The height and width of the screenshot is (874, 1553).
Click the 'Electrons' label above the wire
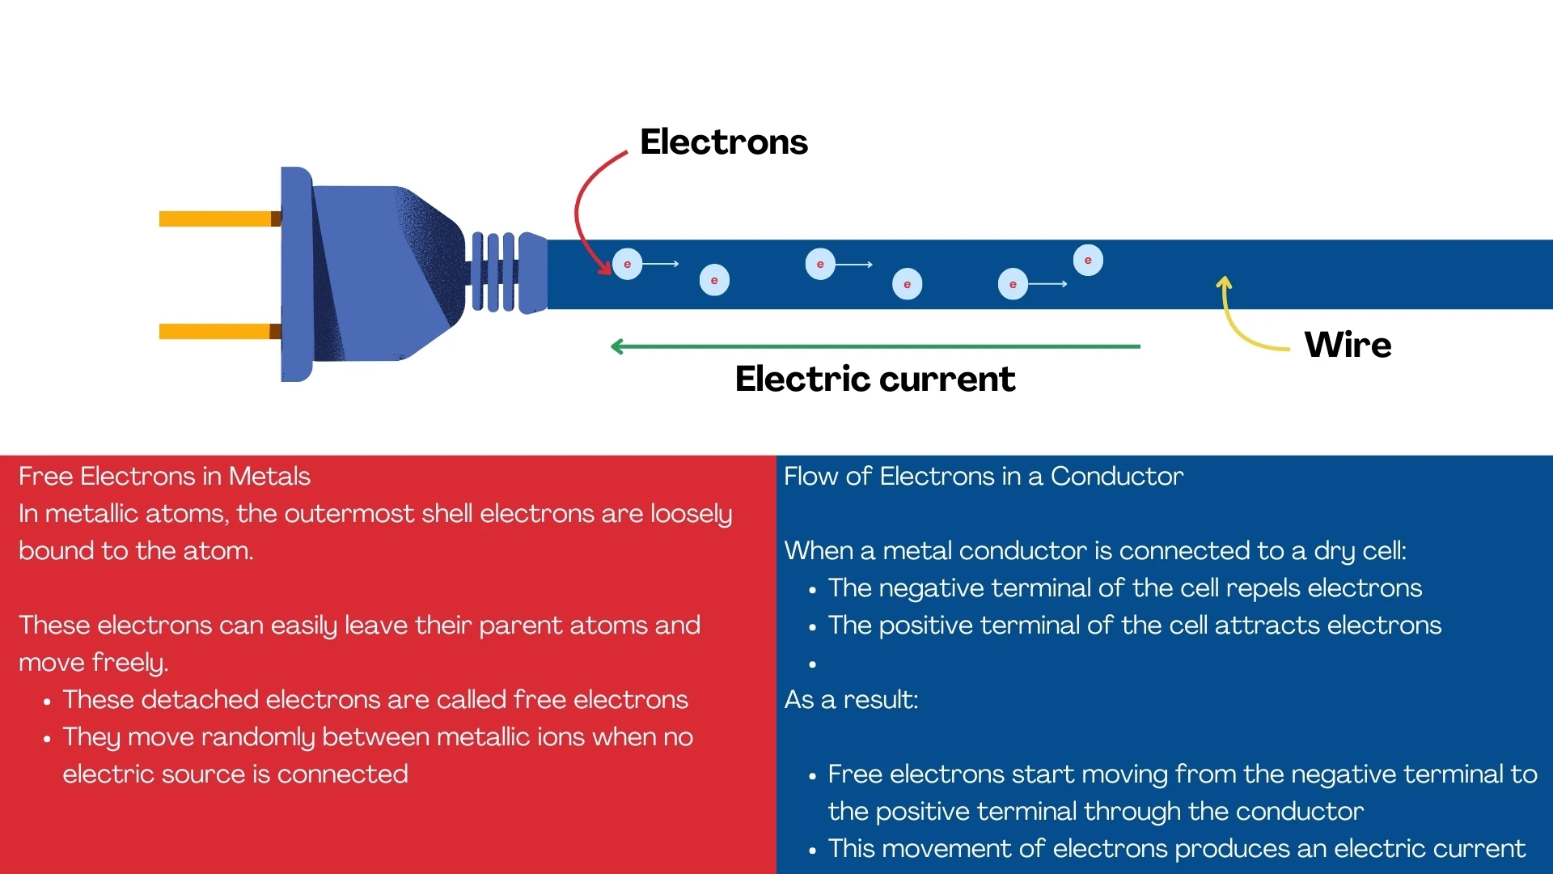coord(723,142)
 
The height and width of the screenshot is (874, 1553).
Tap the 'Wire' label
coord(1348,345)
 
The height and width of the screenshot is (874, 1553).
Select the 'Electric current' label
coord(874,379)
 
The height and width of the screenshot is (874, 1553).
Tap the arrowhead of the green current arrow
coord(617,346)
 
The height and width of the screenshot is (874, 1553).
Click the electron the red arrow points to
coord(627,265)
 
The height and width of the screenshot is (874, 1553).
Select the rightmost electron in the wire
coord(1088,261)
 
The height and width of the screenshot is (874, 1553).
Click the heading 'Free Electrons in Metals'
coord(164,476)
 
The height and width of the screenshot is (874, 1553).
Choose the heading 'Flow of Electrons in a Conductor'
coord(983,476)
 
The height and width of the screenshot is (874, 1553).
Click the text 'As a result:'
coord(851,699)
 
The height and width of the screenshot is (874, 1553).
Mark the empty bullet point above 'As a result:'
coord(812,664)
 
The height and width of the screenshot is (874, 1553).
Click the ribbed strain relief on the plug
coord(493,272)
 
